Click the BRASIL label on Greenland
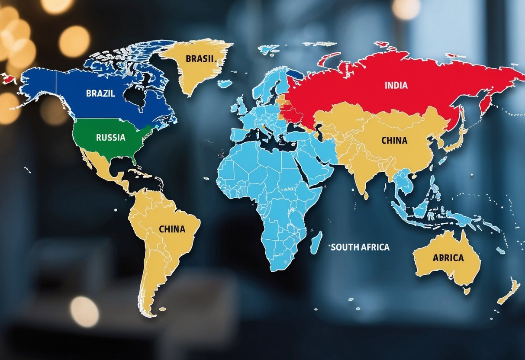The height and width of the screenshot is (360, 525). [x=200, y=59]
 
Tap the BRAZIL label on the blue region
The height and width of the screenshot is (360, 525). [x=100, y=93]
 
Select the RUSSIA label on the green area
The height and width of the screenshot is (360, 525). [x=111, y=138]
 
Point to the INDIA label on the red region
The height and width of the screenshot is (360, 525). [x=396, y=85]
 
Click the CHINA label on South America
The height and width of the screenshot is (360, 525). [x=172, y=229]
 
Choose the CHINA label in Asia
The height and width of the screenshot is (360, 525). [x=394, y=141]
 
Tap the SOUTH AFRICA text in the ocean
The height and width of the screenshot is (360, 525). [x=360, y=247]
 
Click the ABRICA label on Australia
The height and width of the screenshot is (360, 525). [x=448, y=258]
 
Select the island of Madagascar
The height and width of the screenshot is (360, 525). [x=316, y=242]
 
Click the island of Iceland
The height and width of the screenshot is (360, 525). [x=225, y=84]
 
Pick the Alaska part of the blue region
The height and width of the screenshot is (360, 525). [x=39, y=84]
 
